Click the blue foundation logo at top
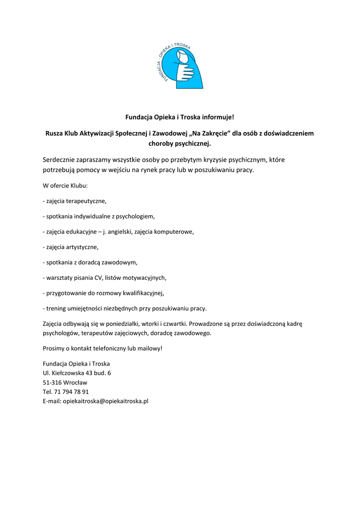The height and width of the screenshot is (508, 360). click(x=180, y=64)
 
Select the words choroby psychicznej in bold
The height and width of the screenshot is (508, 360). click(x=180, y=144)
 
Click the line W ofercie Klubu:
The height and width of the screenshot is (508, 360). click(x=65, y=186)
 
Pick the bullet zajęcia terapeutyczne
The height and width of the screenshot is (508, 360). click(x=75, y=201)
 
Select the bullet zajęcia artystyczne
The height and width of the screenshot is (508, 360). click(x=72, y=247)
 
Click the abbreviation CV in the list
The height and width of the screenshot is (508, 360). click(x=98, y=277)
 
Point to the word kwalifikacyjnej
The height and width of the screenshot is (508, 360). click(x=141, y=293)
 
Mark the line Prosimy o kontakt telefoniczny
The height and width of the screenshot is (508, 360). click(x=102, y=348)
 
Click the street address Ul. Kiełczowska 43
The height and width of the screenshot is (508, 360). click(x=77, y=373)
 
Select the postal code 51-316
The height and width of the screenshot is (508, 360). click(x=52, y=382)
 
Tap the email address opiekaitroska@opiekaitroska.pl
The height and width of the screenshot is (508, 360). click(x=105, y=401)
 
